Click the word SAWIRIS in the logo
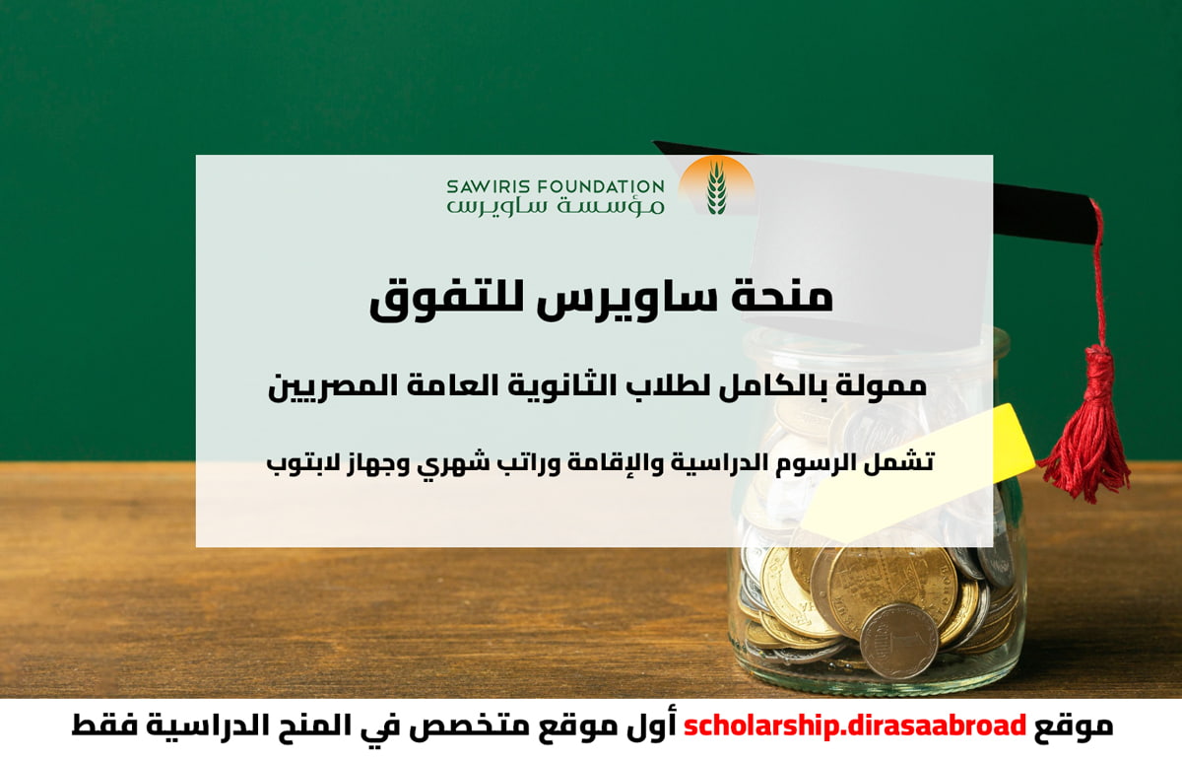pos(488,186)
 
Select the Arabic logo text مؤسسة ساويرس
pos(556,206)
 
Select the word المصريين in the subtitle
pos(321,387)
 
